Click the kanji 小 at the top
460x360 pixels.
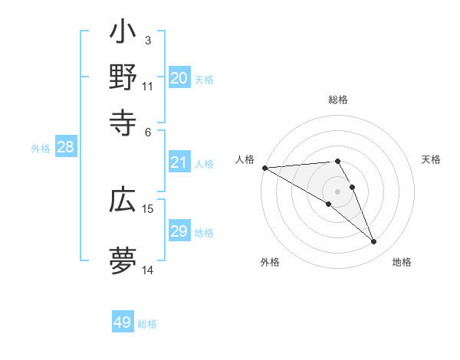[123, 34]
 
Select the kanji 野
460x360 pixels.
[123, 78]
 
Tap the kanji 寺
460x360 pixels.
[123, 122]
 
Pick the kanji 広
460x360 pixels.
[123, 201]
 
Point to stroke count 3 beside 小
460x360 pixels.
[148, 40]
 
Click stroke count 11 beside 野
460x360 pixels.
[148, 86]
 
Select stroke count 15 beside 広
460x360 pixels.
[148, 208]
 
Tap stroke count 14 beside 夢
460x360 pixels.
[148, 270]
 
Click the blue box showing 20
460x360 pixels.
[179, 78]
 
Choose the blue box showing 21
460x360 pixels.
[179, 162]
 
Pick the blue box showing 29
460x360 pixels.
[179, 231]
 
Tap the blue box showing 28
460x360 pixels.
[65, 148]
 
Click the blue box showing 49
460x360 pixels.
[123, 322]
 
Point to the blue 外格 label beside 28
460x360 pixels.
[41, 149]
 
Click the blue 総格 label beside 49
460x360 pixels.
[147, 324]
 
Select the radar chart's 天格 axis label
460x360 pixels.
[432, 159]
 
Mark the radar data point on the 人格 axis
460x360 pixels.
[264, 168]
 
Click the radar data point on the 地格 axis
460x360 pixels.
[374, 242]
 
